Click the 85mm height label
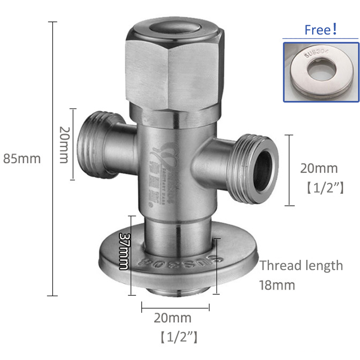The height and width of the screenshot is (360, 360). [x=22, y=158]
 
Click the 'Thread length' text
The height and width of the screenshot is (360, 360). [x=301, y=266]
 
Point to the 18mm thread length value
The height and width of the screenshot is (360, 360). [x=277, y=285]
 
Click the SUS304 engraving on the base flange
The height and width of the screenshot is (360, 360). [x=173, y=264]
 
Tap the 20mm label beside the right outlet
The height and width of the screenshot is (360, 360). [x=319, y=168]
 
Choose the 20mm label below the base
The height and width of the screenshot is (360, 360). [x=173, y=318]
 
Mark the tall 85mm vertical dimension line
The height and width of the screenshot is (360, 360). [x=53, y=158]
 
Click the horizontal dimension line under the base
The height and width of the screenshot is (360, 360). [x=175, y=307]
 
